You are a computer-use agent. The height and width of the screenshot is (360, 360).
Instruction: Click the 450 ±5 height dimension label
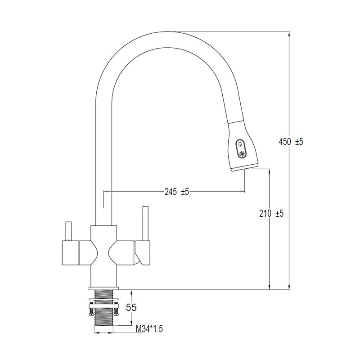click(291, 142)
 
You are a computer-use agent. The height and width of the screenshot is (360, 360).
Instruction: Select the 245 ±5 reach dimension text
click(176, 192)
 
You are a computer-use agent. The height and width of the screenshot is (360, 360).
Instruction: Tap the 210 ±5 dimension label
click(271, 213)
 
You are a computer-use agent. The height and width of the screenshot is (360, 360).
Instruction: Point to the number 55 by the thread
click(131, 307)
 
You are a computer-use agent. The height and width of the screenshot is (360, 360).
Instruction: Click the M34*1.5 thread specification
click(149, 329)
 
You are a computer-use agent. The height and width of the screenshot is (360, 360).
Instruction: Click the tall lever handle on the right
click(145, 223)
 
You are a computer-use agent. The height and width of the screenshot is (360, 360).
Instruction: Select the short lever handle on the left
click(68, 231)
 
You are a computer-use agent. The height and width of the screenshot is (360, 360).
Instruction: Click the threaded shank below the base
click(104, 308)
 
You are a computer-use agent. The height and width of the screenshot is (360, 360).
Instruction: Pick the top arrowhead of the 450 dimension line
click(289, 33)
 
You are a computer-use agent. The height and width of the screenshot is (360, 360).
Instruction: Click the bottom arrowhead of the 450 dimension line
click(289, 287)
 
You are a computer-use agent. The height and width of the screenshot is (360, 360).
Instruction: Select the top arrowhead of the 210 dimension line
click(269, 172)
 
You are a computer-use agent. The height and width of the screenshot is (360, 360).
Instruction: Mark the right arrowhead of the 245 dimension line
click(243, 191)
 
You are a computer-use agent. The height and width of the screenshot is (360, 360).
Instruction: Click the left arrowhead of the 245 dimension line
click(107, 191)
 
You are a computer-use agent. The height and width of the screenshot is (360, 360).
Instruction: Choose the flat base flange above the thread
click(104, 288)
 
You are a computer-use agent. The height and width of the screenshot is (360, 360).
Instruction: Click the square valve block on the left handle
click(70, 252)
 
